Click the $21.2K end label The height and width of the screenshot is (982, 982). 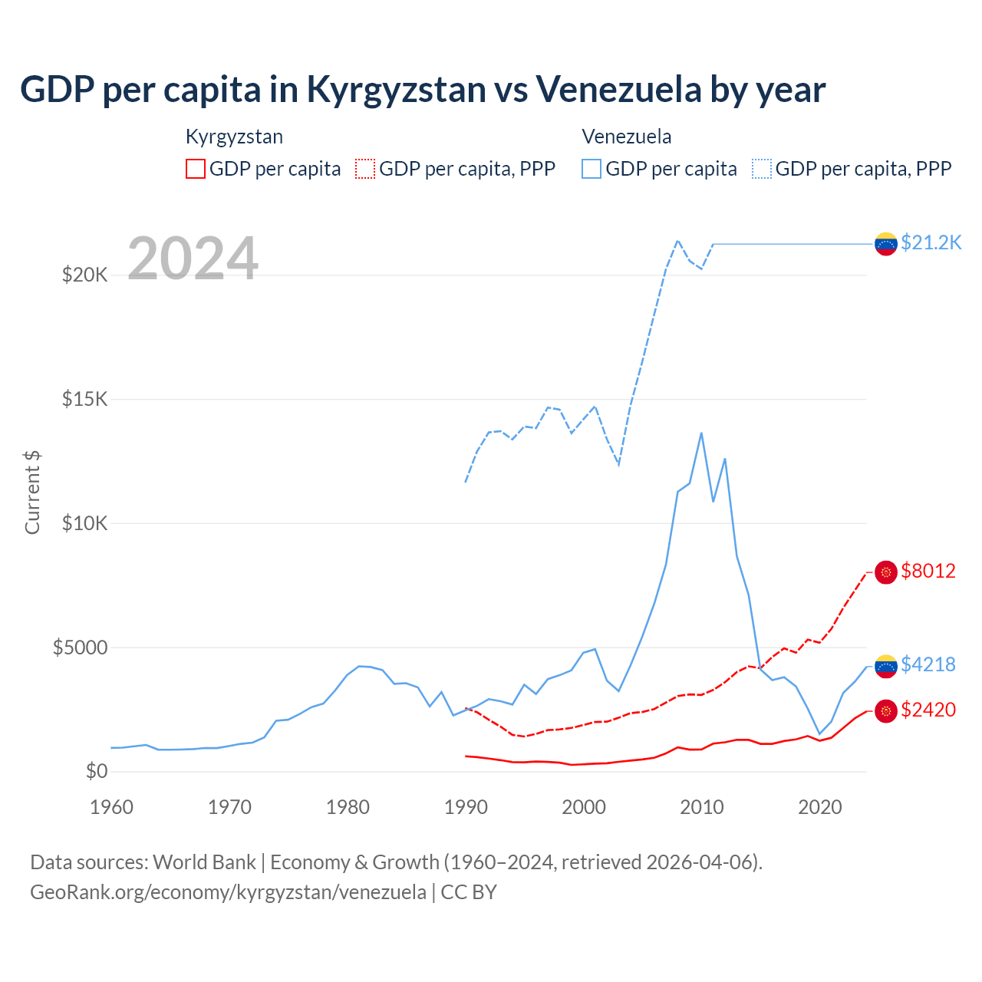[x=931, y=242]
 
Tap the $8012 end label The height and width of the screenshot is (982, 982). [x=928, y=571]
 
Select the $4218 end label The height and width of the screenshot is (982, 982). [x=928, y=664]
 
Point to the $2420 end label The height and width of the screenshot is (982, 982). [x=928, y=710]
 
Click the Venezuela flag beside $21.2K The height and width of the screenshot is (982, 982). [x=886, y=244]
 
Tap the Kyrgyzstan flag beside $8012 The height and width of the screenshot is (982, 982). [x=886, y=572]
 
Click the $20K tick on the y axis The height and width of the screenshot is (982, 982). [x=84, y=275]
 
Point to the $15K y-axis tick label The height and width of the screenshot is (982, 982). [x=84, y=399]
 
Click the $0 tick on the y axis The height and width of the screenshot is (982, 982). [x=96, y=771]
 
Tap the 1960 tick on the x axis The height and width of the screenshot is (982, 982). [x=112, y=807]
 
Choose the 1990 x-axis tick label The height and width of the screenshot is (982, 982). [x=466, y=807]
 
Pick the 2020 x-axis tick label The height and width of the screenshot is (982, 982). [x=820, y=807]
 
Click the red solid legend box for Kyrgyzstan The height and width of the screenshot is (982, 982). [x=196, y=169]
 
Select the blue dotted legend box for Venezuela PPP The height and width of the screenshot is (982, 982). [x=762, y=169]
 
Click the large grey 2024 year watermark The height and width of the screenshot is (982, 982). [x=193, y=259]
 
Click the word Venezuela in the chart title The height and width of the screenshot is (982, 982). [x=618, y=89]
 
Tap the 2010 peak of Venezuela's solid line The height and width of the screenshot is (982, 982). [x=701, y=433]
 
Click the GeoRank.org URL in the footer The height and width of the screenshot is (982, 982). [x=228, y=892]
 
